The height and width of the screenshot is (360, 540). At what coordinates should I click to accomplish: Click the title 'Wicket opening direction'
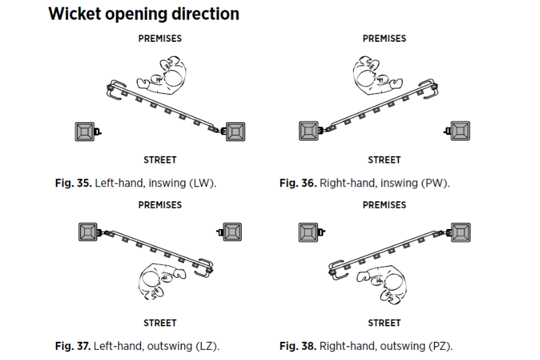pyautogui.click(x=144, y=14)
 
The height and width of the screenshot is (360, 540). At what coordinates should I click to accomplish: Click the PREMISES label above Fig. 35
pyautogui.click(x=160, y=38)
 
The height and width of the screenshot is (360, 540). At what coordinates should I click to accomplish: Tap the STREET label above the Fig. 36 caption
pyautogui.click(x=384, y=160)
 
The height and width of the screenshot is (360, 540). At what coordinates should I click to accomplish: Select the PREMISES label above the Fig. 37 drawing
pyautogui.click(x=160, y=205)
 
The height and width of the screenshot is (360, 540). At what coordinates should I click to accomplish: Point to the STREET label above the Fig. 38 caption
pyautogui.click(x=384, y=323)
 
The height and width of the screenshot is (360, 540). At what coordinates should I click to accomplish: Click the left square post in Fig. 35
pyautogui.click(x=85, y=131)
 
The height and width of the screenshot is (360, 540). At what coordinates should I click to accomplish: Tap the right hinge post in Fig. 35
pyautogui.click(x=235, y=131)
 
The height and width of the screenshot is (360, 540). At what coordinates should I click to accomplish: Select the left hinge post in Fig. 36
pyautogui.click(x=309, y=131)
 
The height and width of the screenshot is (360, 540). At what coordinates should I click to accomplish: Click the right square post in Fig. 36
pyautogui.click(x=460, y=131)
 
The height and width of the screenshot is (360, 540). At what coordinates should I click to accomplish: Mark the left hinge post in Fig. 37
pyautogui.click(x=88, y=232)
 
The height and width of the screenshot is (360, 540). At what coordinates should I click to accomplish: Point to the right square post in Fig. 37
pyautogui.click(x=232, y=232)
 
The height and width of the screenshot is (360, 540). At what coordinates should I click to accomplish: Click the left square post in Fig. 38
pyautogui.click(x=309, y=232)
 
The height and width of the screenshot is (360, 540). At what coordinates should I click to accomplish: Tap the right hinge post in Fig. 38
pyautogui.click(x=461, y=232)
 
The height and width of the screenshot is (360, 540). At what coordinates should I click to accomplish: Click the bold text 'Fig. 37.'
pyautogui.click(x=73, y=346)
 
